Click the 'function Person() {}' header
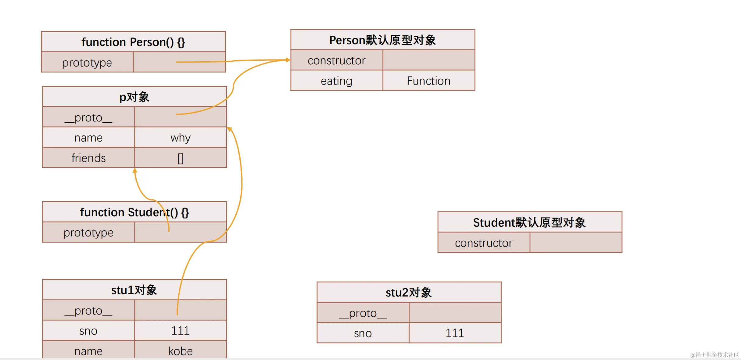click(133, 42)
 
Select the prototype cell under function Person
click(87, 63)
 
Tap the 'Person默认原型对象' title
click(382, 40)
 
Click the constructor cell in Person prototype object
click(336, 60)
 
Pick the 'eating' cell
click(336, 81)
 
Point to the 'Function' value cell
click(428, 81)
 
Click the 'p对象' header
click(134, 97)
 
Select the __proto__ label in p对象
click(88, 117)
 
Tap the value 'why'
click(181, 138)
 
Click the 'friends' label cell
click(88, 158)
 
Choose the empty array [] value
click(181, 158)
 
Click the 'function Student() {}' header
click(134, 212)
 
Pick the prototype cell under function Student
click(88, 232)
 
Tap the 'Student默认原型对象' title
click(529, 222)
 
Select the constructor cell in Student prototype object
click(484, 243)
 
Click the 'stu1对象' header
click(134, 290)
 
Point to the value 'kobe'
click(181, 351)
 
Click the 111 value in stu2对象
click(455, 333)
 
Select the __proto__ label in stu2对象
click(363, 313)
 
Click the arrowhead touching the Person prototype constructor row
click(288, 60)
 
